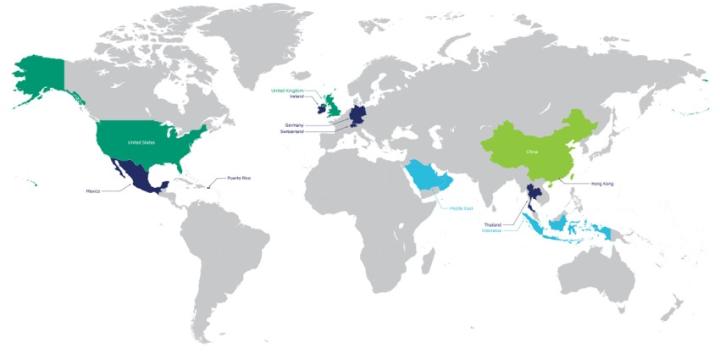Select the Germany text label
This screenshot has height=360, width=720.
[x=293, y=125]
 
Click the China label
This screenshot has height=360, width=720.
[x=531, y=151]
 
